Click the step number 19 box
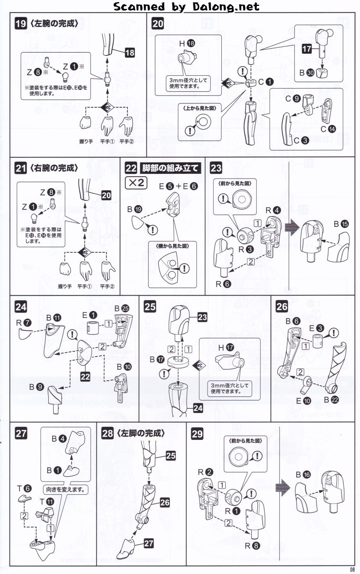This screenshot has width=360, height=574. (x=21, y=24)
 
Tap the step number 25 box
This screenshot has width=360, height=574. (x=150, y=306)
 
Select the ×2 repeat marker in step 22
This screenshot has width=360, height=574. (x=136, y=182)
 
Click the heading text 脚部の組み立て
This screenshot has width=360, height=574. (x=170, y=168)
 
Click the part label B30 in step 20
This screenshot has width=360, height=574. (x=307, y=73)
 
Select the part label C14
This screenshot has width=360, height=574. (x=328, y=129)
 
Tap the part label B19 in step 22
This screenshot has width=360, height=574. (x=134, y=209)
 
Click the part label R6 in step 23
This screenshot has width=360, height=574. (x=223, y=284)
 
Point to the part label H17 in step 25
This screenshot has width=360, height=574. (x=226, y=347)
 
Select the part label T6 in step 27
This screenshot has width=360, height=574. (x=23, y=488)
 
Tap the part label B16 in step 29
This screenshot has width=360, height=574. (x=303, y=475)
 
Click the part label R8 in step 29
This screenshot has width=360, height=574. (x=252, y=546)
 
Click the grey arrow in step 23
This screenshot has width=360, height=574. (x=292, y=227)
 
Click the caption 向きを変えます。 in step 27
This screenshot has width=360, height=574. (x=65, y=489)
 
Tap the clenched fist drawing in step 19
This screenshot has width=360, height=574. (x=85, y=123)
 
